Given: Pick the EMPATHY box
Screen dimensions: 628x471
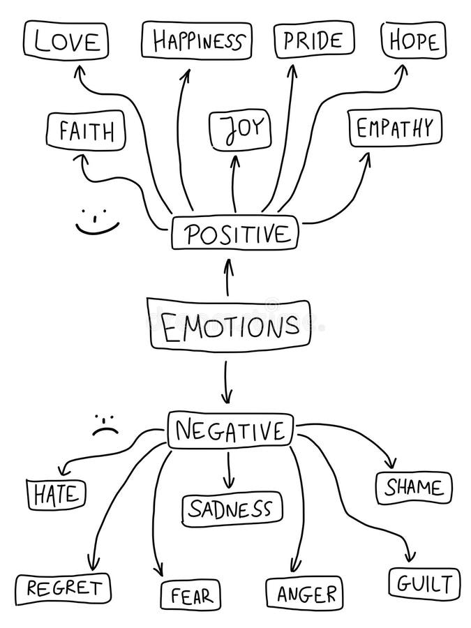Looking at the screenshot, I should tap(395, 128).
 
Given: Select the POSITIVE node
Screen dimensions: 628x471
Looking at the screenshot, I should tap(235, 234).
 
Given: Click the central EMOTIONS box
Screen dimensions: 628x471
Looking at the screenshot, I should tap(230, 324).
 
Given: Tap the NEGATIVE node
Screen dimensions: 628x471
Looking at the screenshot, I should tap(231, 430).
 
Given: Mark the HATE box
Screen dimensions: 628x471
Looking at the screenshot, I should tap(57, 494).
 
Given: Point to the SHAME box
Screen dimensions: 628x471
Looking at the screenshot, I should tap(414, 487).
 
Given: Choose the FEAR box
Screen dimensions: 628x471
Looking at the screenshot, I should tap(190, 596).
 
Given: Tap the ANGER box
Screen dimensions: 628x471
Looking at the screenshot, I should tap(304, 594).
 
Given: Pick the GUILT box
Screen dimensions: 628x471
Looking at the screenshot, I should tap(424, 583).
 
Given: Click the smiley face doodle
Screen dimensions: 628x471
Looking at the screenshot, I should tap(97, 220).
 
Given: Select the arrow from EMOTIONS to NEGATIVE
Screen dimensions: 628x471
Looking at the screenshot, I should tap(226, 383).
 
